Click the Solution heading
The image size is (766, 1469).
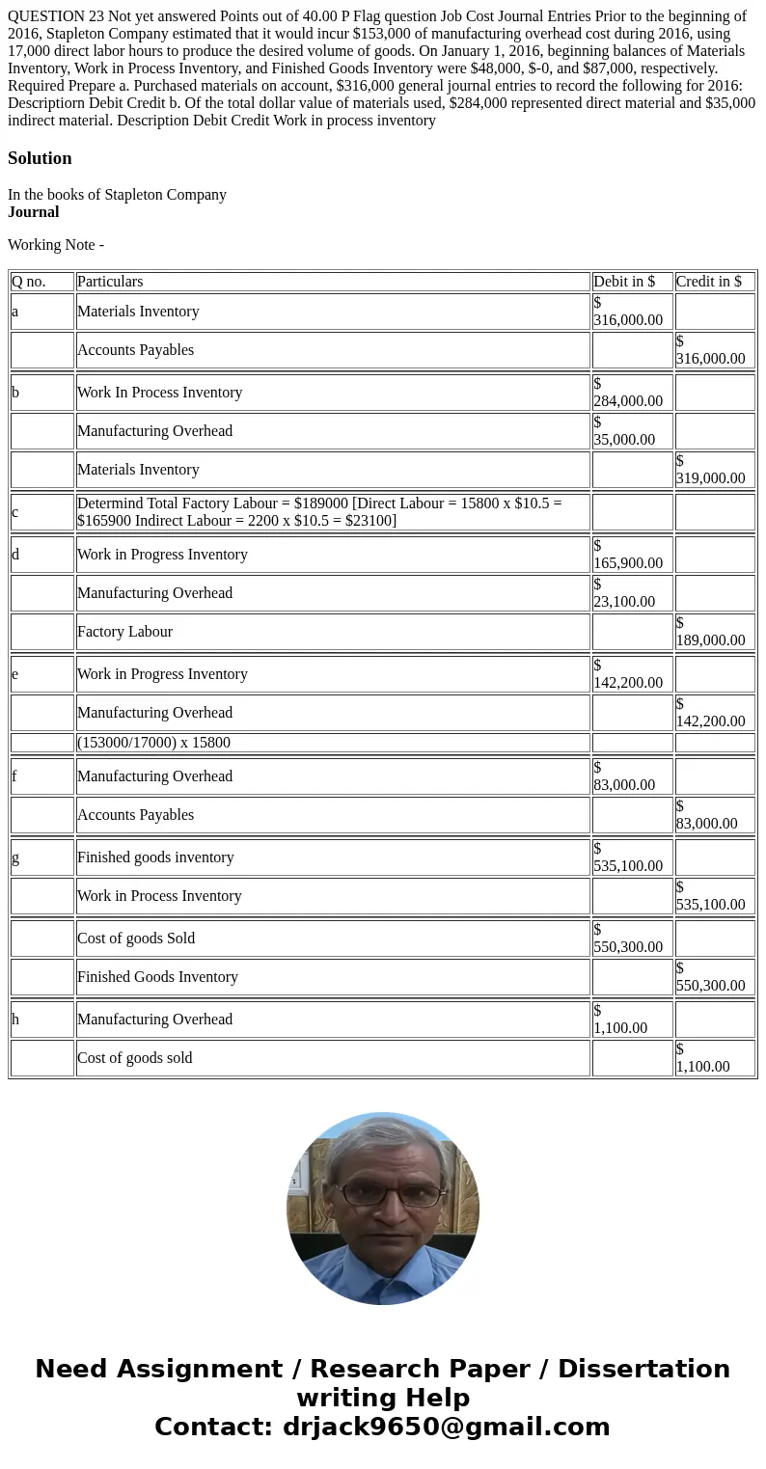tap(40, 158)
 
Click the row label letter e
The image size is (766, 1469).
tap(15, 674)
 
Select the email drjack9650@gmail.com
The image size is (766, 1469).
tap(446, 1428)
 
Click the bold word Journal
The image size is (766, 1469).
tap(34, 212)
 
